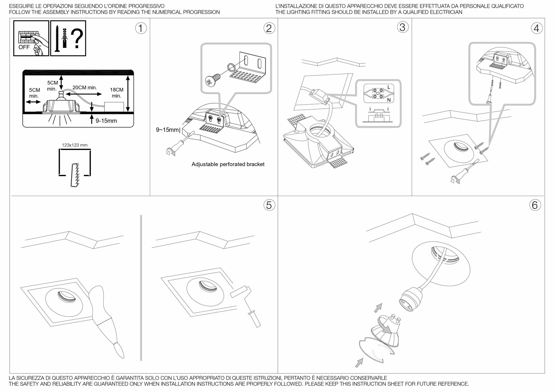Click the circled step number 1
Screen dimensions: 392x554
141,28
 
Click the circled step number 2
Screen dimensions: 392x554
269,28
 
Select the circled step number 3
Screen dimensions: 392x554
402,27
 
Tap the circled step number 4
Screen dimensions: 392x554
537,28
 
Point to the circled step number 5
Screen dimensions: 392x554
269,205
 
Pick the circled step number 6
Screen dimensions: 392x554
535,205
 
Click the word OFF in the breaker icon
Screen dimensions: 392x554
24,47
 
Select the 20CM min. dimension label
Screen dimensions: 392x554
84,88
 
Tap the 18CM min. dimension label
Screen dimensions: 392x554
117,93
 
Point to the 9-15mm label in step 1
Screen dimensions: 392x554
106,121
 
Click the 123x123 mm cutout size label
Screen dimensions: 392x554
75,145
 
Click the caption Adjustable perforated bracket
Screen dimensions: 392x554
228,164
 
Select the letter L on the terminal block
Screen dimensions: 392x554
389,87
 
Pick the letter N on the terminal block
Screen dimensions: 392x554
389,100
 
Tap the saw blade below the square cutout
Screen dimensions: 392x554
76,175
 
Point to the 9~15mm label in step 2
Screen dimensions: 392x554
168,130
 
